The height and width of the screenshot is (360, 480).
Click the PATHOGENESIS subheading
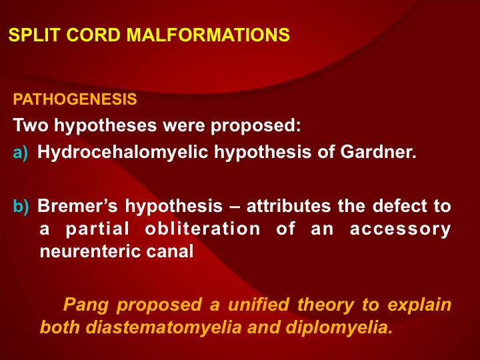coord(75,99)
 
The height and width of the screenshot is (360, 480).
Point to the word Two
coord(31,125)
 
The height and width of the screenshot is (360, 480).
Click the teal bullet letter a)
coord(21,153)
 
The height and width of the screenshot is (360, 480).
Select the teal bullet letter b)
coord(21,206)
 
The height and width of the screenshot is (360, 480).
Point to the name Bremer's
coord(77,206)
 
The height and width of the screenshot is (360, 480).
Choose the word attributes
coord(289,206)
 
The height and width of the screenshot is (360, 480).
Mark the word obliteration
coord(203,229)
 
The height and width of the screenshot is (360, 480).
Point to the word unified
coord(259,304)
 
